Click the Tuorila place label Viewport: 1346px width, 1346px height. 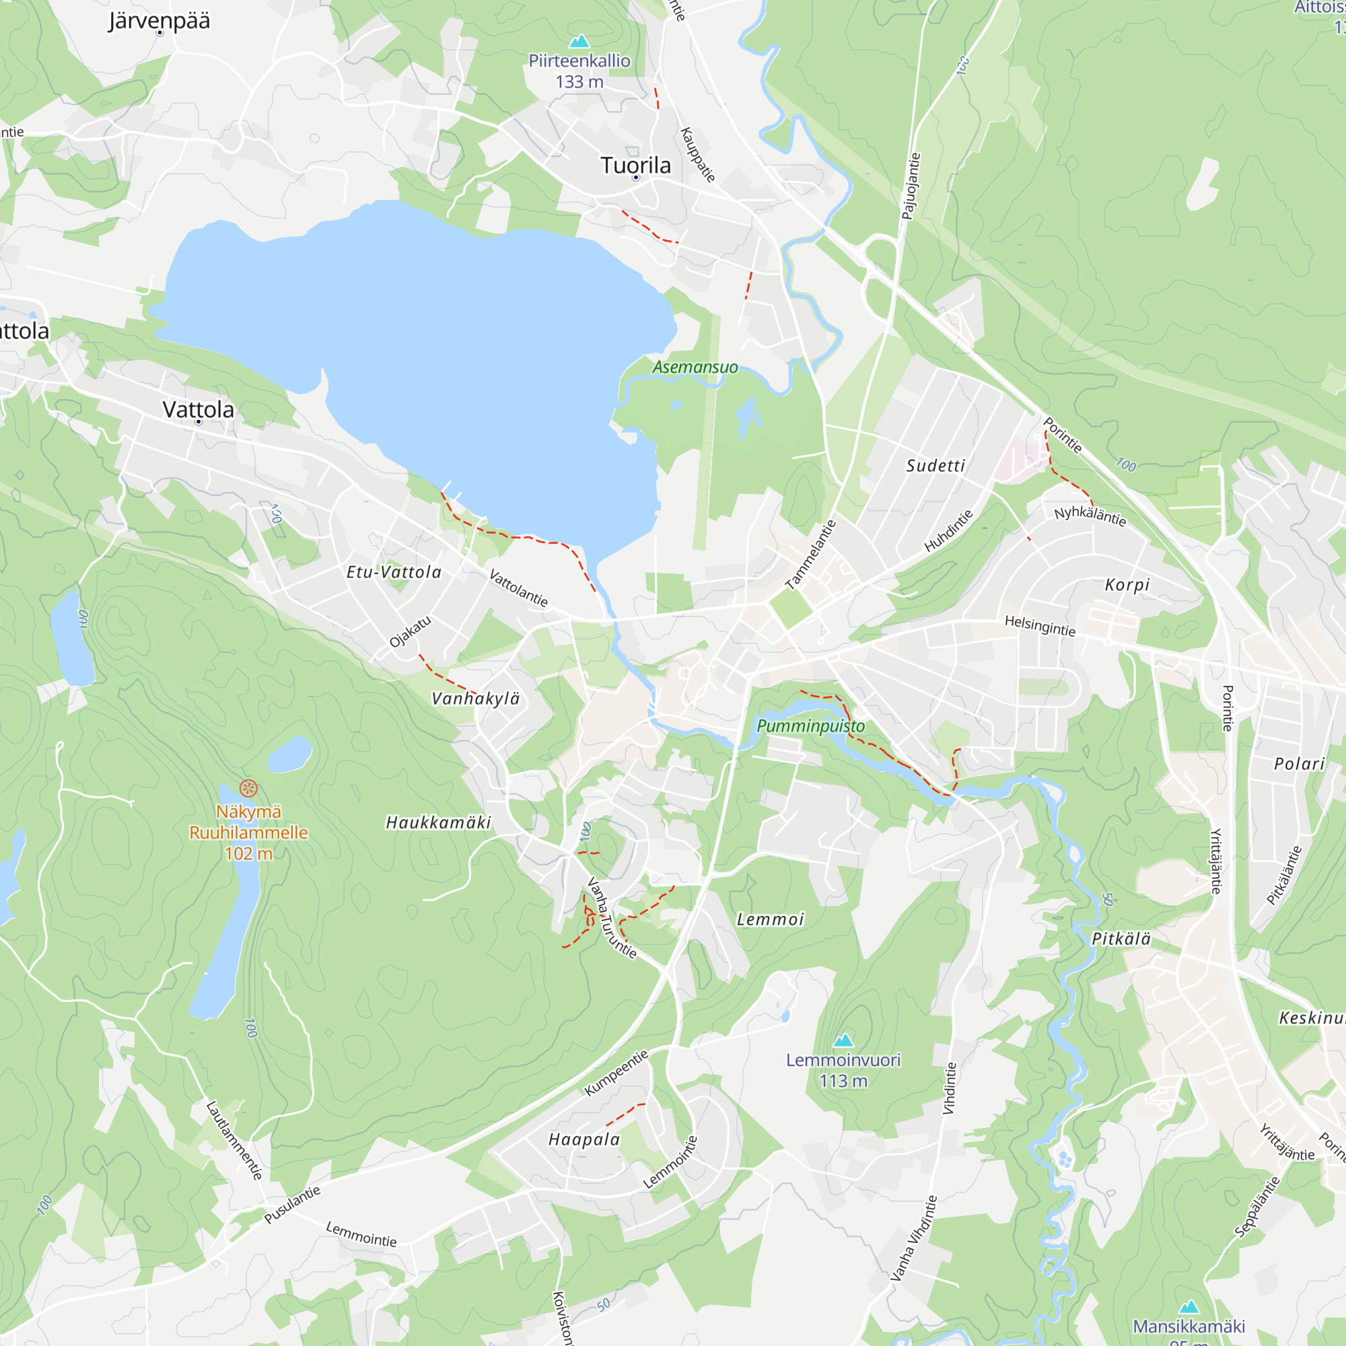[x=635, y=166]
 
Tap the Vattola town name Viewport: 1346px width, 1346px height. [x=198, y=410]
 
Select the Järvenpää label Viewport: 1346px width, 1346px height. [x=159, y=21]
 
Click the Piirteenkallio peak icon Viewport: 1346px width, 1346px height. [x=579, y=41]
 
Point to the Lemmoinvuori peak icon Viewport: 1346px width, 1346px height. [x=844, y=1040]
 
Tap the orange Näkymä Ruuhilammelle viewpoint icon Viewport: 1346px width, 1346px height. [x=249, y=789]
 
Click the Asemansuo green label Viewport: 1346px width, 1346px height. [x=695, y=367]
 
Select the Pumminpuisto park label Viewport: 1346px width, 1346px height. [x=810, y=726]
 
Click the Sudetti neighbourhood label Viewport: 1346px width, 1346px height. [x=935, y=466]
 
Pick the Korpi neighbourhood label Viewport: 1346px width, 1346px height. [x=1127, y=586]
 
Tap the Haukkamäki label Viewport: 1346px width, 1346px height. [x=439, y=823]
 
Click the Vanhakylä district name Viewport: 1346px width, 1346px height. [x=476, y=699]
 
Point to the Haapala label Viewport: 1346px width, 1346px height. [x=583, y=1140]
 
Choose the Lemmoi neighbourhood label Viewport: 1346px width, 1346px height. [x=771, y=919]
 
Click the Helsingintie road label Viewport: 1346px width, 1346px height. [x=1040, y=626]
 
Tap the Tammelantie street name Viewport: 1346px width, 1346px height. [x=810, y=555]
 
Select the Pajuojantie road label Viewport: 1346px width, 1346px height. [x=911, y=186]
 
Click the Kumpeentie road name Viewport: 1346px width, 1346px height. [x=616, y=1072]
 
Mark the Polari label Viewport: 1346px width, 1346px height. [x=1300, y=765]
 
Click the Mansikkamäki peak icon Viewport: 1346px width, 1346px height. [x=1189, y=1307]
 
